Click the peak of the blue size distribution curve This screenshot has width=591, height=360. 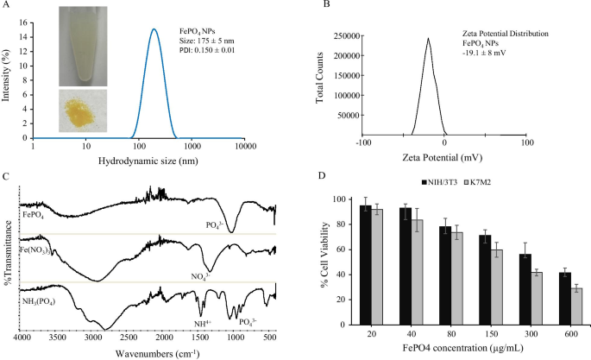pyautogui.click(x=154, y=29)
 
